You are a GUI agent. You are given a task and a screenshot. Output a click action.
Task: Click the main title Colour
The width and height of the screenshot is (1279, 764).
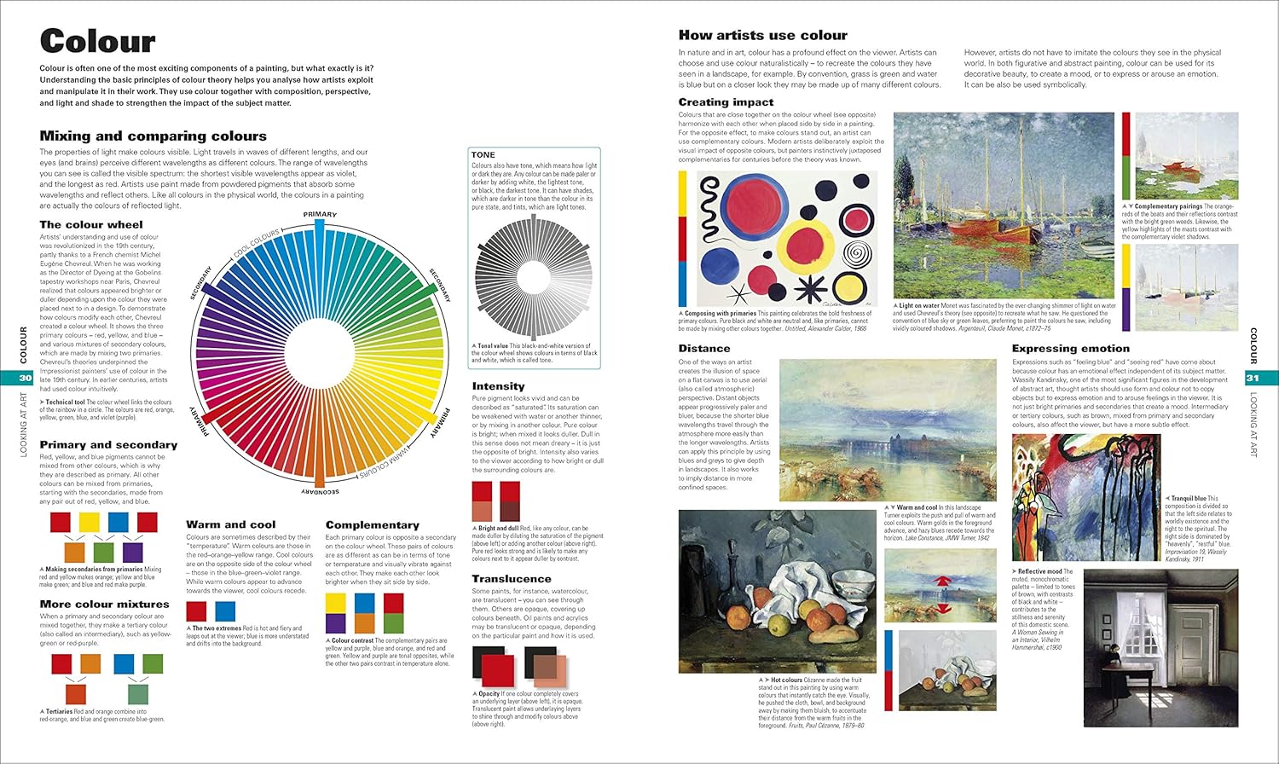97,41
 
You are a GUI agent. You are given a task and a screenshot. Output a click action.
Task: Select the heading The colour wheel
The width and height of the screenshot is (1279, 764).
91,225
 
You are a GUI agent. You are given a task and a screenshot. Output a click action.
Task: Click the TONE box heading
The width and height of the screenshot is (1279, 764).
483,155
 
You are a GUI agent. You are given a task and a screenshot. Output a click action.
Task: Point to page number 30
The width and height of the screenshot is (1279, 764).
25,378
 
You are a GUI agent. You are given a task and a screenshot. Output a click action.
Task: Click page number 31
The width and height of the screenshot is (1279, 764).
1253,378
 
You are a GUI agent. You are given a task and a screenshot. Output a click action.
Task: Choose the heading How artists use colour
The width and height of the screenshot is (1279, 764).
762,35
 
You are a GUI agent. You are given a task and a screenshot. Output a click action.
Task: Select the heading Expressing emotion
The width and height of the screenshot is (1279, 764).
1070,349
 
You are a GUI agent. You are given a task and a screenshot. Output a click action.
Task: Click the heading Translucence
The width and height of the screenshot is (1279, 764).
512,579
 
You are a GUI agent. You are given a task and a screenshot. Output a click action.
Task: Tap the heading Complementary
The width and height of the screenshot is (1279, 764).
372,525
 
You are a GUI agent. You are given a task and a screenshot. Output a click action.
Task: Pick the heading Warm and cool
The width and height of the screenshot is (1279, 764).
231,524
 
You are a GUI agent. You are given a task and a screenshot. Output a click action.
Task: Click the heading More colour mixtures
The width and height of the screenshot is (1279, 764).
104,605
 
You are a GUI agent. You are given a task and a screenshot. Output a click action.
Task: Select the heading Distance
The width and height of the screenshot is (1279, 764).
704,349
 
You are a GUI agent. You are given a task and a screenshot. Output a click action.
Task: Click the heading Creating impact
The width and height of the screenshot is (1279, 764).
726,102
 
